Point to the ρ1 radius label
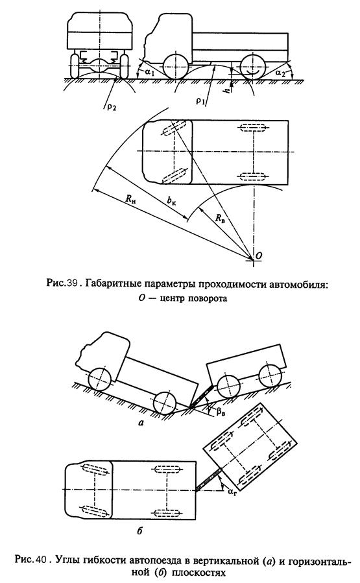pyautogui.click(x=201, y=101)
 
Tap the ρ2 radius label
pyautogui.click(x=111, y=107)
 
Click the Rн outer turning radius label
pyautogui.click(x=130, y=199)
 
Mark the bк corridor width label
pyautogui.click(x=171, y=201)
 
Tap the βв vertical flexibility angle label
pyautogui.click(x=221, y=412)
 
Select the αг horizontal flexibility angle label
pyautogui.click(x=232, y=492)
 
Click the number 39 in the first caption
pyautogui.click(x=71, y=283)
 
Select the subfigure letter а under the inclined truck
pyautogui.click(x=141, y=422)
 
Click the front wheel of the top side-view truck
pyautogui.click(x=175, y=67)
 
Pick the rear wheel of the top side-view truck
pyautogui.click(x=253, y=67)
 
